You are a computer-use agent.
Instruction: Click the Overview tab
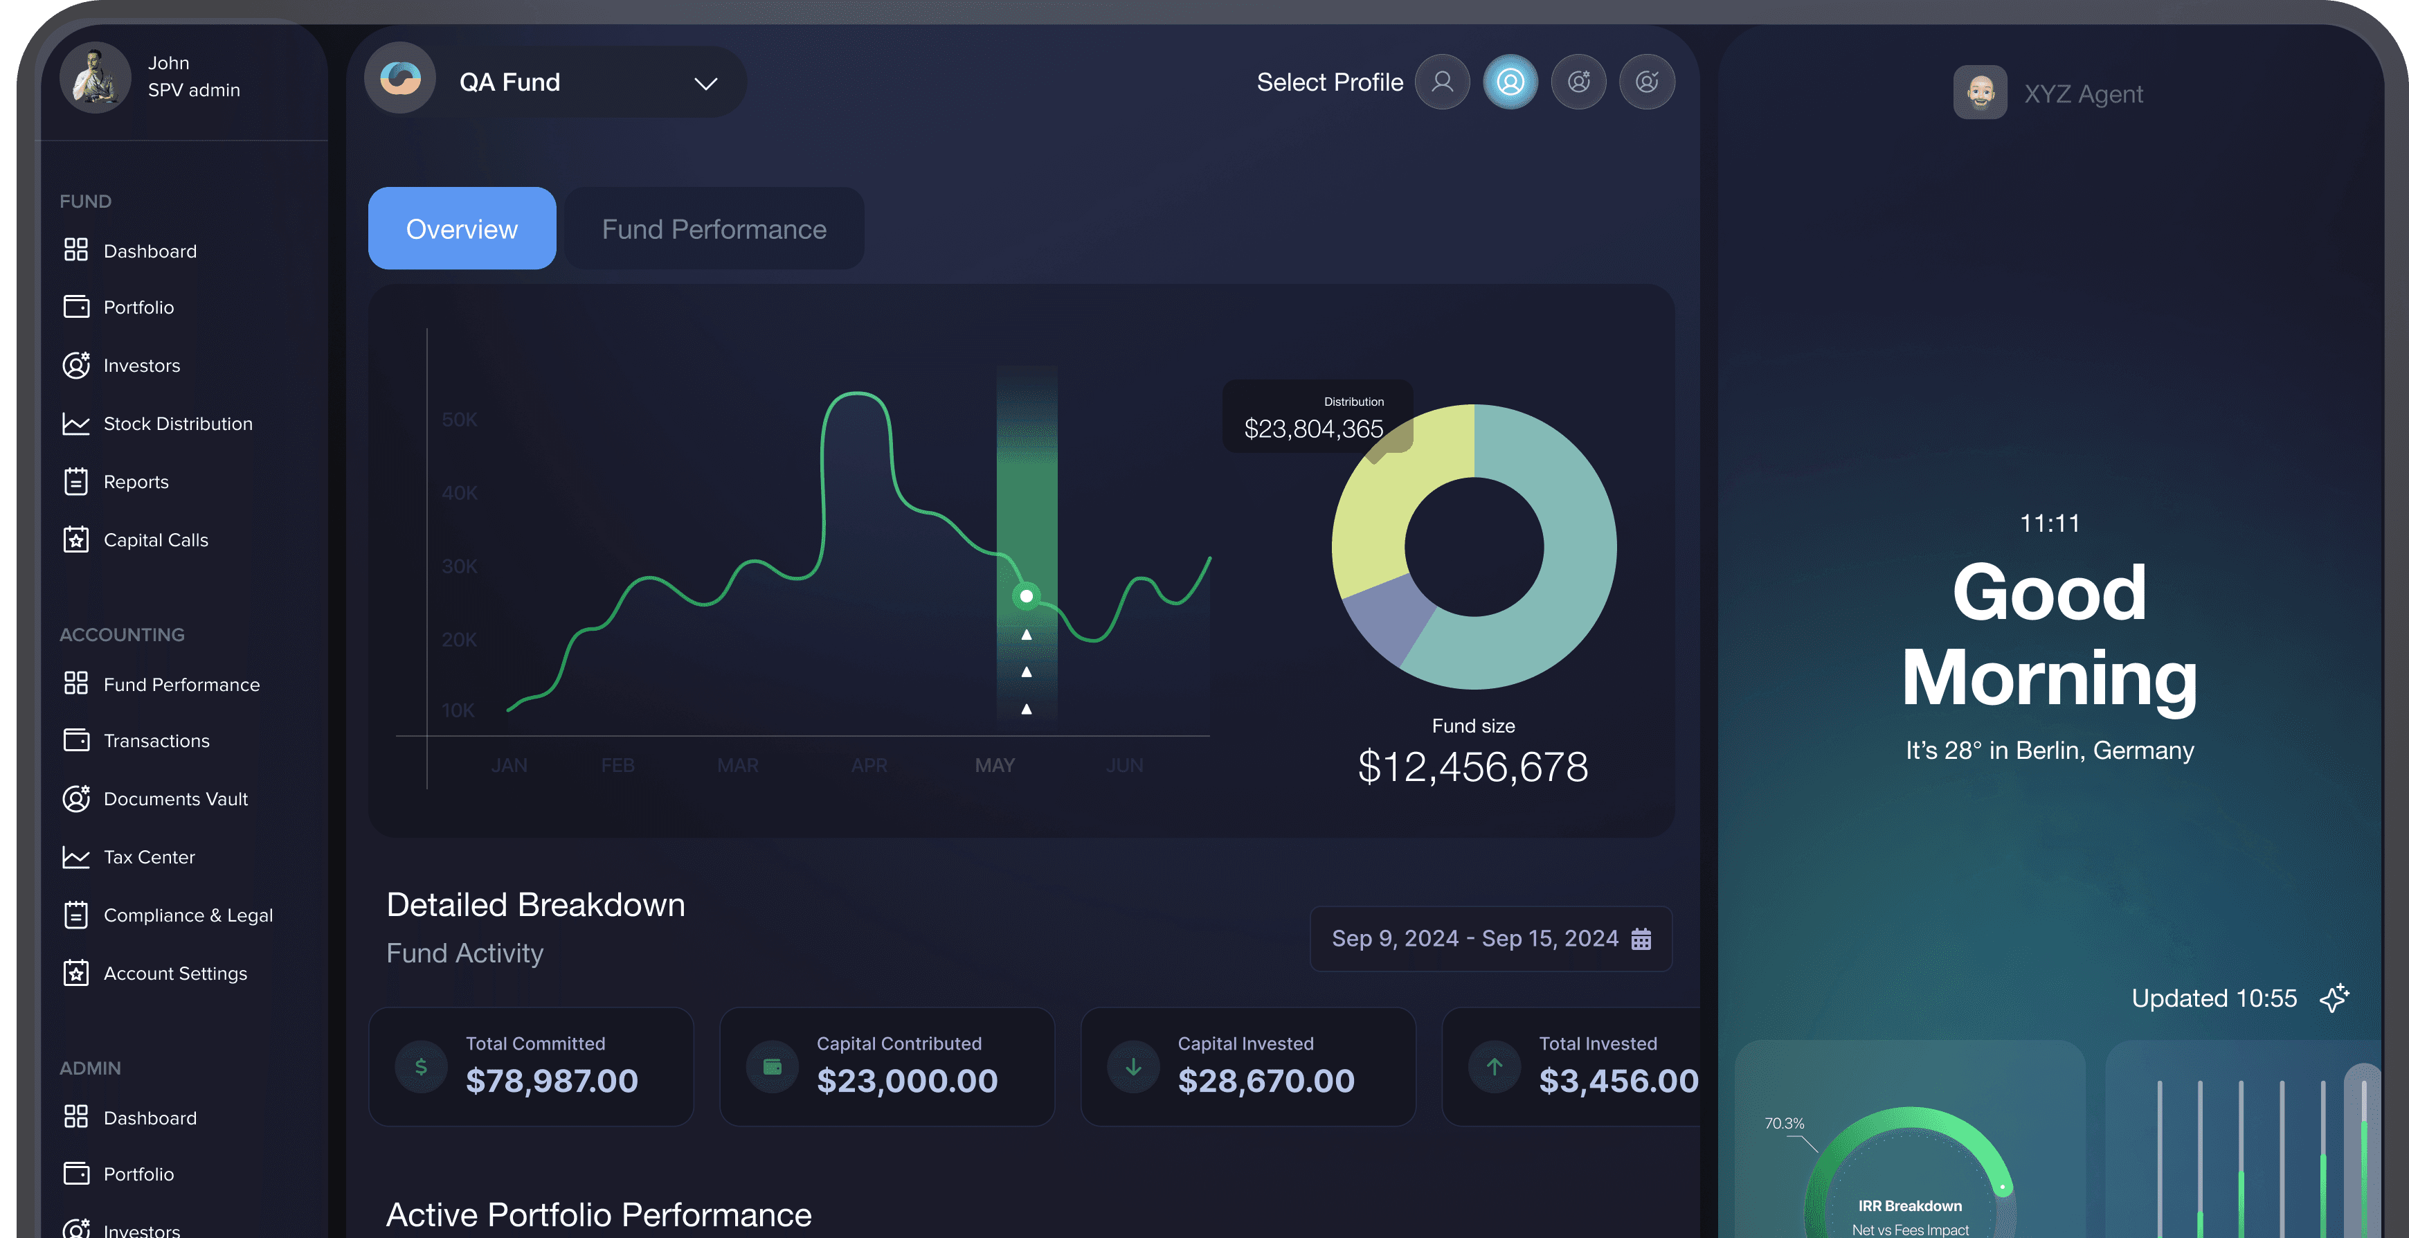click(461, 229)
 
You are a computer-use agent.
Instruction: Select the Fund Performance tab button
click(714, 229)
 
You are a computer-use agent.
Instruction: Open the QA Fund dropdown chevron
click(705, 83)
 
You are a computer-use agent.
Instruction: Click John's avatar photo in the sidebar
click(94, 78)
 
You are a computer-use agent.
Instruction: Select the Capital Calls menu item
click(155, 539)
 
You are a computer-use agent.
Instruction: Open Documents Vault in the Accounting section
click(175, 798)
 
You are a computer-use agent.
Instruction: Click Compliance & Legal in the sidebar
click(187, 915)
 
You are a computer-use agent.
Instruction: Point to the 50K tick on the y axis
click(459, 420)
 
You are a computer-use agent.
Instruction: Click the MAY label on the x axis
click(994, 765)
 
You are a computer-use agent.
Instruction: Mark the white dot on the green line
click(1026, 595)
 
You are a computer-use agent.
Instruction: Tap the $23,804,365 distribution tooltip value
click(1313, 429)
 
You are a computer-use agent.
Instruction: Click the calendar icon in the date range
click(1641, 939)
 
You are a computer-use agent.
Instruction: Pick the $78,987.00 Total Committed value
click(552, 1081)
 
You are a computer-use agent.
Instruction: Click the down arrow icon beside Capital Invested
click(1133, 1066)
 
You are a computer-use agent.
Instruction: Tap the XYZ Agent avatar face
click(1980, 93)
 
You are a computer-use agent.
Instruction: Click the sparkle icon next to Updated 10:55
click(2334, 998)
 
